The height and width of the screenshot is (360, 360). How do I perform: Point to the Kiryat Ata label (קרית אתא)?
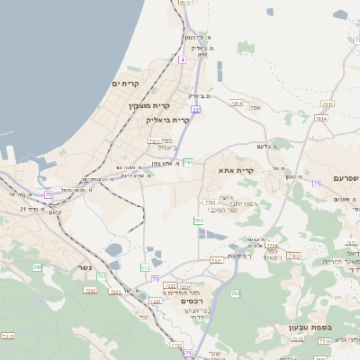(x=237, y=169)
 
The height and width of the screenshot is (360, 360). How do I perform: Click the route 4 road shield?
(x=182, y=59)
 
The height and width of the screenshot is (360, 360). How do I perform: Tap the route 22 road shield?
(x=195, y=110)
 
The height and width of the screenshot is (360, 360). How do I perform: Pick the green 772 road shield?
(x=146, y=268)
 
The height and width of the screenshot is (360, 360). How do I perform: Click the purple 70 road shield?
(x=156, y=278)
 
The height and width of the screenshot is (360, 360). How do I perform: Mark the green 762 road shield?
(x=236, y=294)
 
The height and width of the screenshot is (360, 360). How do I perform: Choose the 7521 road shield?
(x=216, y=260)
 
